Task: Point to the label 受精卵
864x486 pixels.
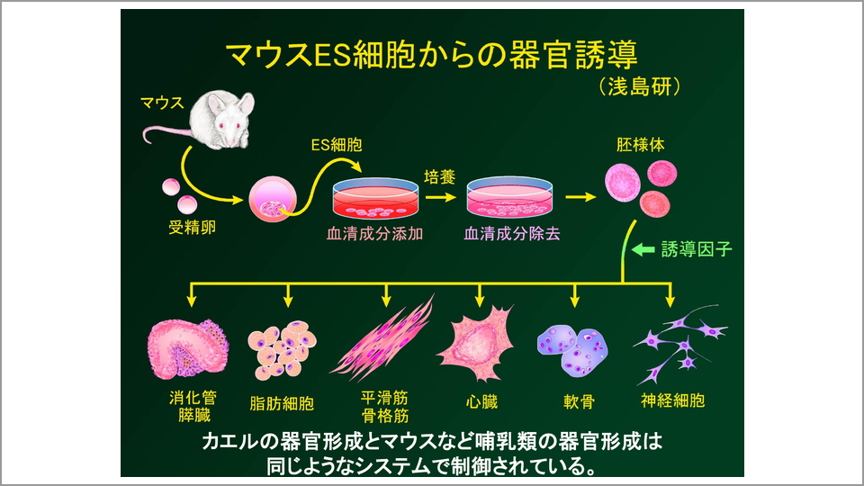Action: click(x=193, y=227)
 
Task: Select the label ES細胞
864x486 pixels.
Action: click(x=339, y=144)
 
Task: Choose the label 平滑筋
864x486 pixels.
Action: click(x=385, y=396)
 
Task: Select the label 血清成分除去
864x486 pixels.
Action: click(x=511, y=233)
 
